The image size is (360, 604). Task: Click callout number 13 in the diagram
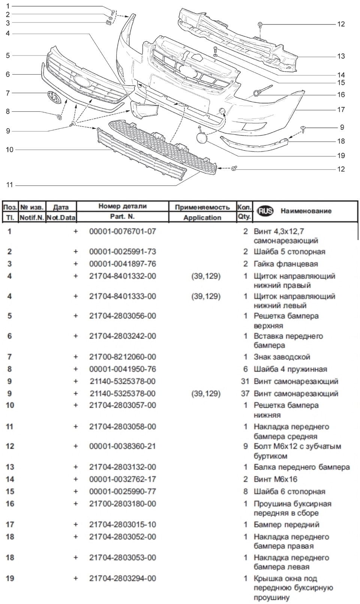pos(340,56)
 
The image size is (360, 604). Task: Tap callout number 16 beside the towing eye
pos(340,95)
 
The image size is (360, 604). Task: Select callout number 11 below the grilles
pos(9,185)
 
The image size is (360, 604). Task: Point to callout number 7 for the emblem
pos(8,93)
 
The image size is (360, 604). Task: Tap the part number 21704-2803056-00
pos(122,316)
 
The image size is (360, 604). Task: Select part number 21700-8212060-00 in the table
pos(122,357)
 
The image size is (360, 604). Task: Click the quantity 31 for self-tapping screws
pos(245,381)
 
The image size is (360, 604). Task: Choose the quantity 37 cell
pos(245,394)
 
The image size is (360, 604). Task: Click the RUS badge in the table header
pos(265,211)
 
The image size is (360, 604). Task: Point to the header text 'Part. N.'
pos(122,216)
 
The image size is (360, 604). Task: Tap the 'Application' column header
pos(202,218)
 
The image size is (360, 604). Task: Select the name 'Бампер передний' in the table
pos(286,524)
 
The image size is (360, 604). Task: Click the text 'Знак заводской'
pos(282,357)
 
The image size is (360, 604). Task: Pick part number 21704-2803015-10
pos(122,524)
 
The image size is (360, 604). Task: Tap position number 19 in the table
pos(10,578)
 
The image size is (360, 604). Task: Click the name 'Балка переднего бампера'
pos(301,467)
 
